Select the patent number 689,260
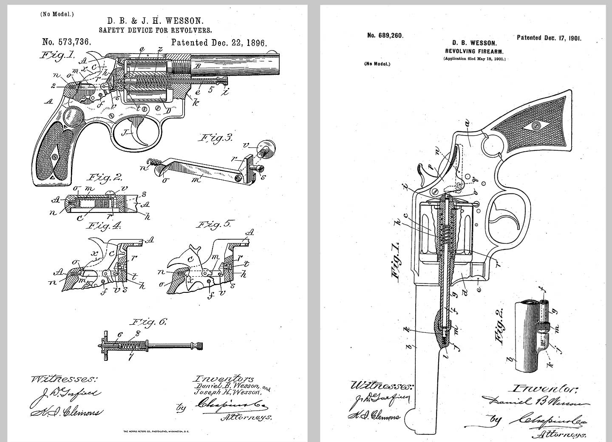(x=385, y=35)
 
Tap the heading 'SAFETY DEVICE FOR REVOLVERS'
(x=155, y=30)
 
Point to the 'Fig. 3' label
(x=216, y=138)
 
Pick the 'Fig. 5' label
(x=216, y=224)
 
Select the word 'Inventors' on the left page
(x=224, y=378)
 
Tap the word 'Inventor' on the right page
(x=545, y=388)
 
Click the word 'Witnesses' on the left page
(x=64, y=379)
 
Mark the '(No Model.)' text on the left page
(x=57, y=14)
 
